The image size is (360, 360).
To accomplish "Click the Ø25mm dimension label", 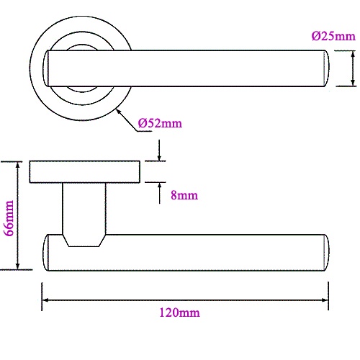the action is (x=333, y=36).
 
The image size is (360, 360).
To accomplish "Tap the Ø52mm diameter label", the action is (x=160, y=123).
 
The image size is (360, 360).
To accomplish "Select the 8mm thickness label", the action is (x=184, y=195).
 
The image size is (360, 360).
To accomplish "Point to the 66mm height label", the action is (x=9, y=218).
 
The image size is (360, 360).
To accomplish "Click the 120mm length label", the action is (x=179, y=312).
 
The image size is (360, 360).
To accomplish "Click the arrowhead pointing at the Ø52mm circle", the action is (x=119, y=112).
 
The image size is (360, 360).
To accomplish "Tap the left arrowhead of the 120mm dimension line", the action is (x=45, y=300).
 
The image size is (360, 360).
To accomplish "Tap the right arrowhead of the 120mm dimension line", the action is (x=325, y=300).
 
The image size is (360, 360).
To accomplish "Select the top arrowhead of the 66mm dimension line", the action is (x=17, y=166).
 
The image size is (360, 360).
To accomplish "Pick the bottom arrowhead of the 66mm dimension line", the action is (x=17, y=266).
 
